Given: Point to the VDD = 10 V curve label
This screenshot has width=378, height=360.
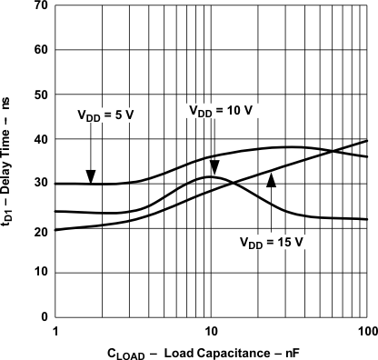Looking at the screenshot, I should pos(220,110).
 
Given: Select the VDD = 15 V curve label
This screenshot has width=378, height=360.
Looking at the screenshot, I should pos(270,242).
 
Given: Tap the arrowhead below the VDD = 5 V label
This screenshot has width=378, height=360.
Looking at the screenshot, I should pos(90,177).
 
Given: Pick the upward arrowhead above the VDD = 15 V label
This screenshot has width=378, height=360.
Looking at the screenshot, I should pos(270,180).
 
